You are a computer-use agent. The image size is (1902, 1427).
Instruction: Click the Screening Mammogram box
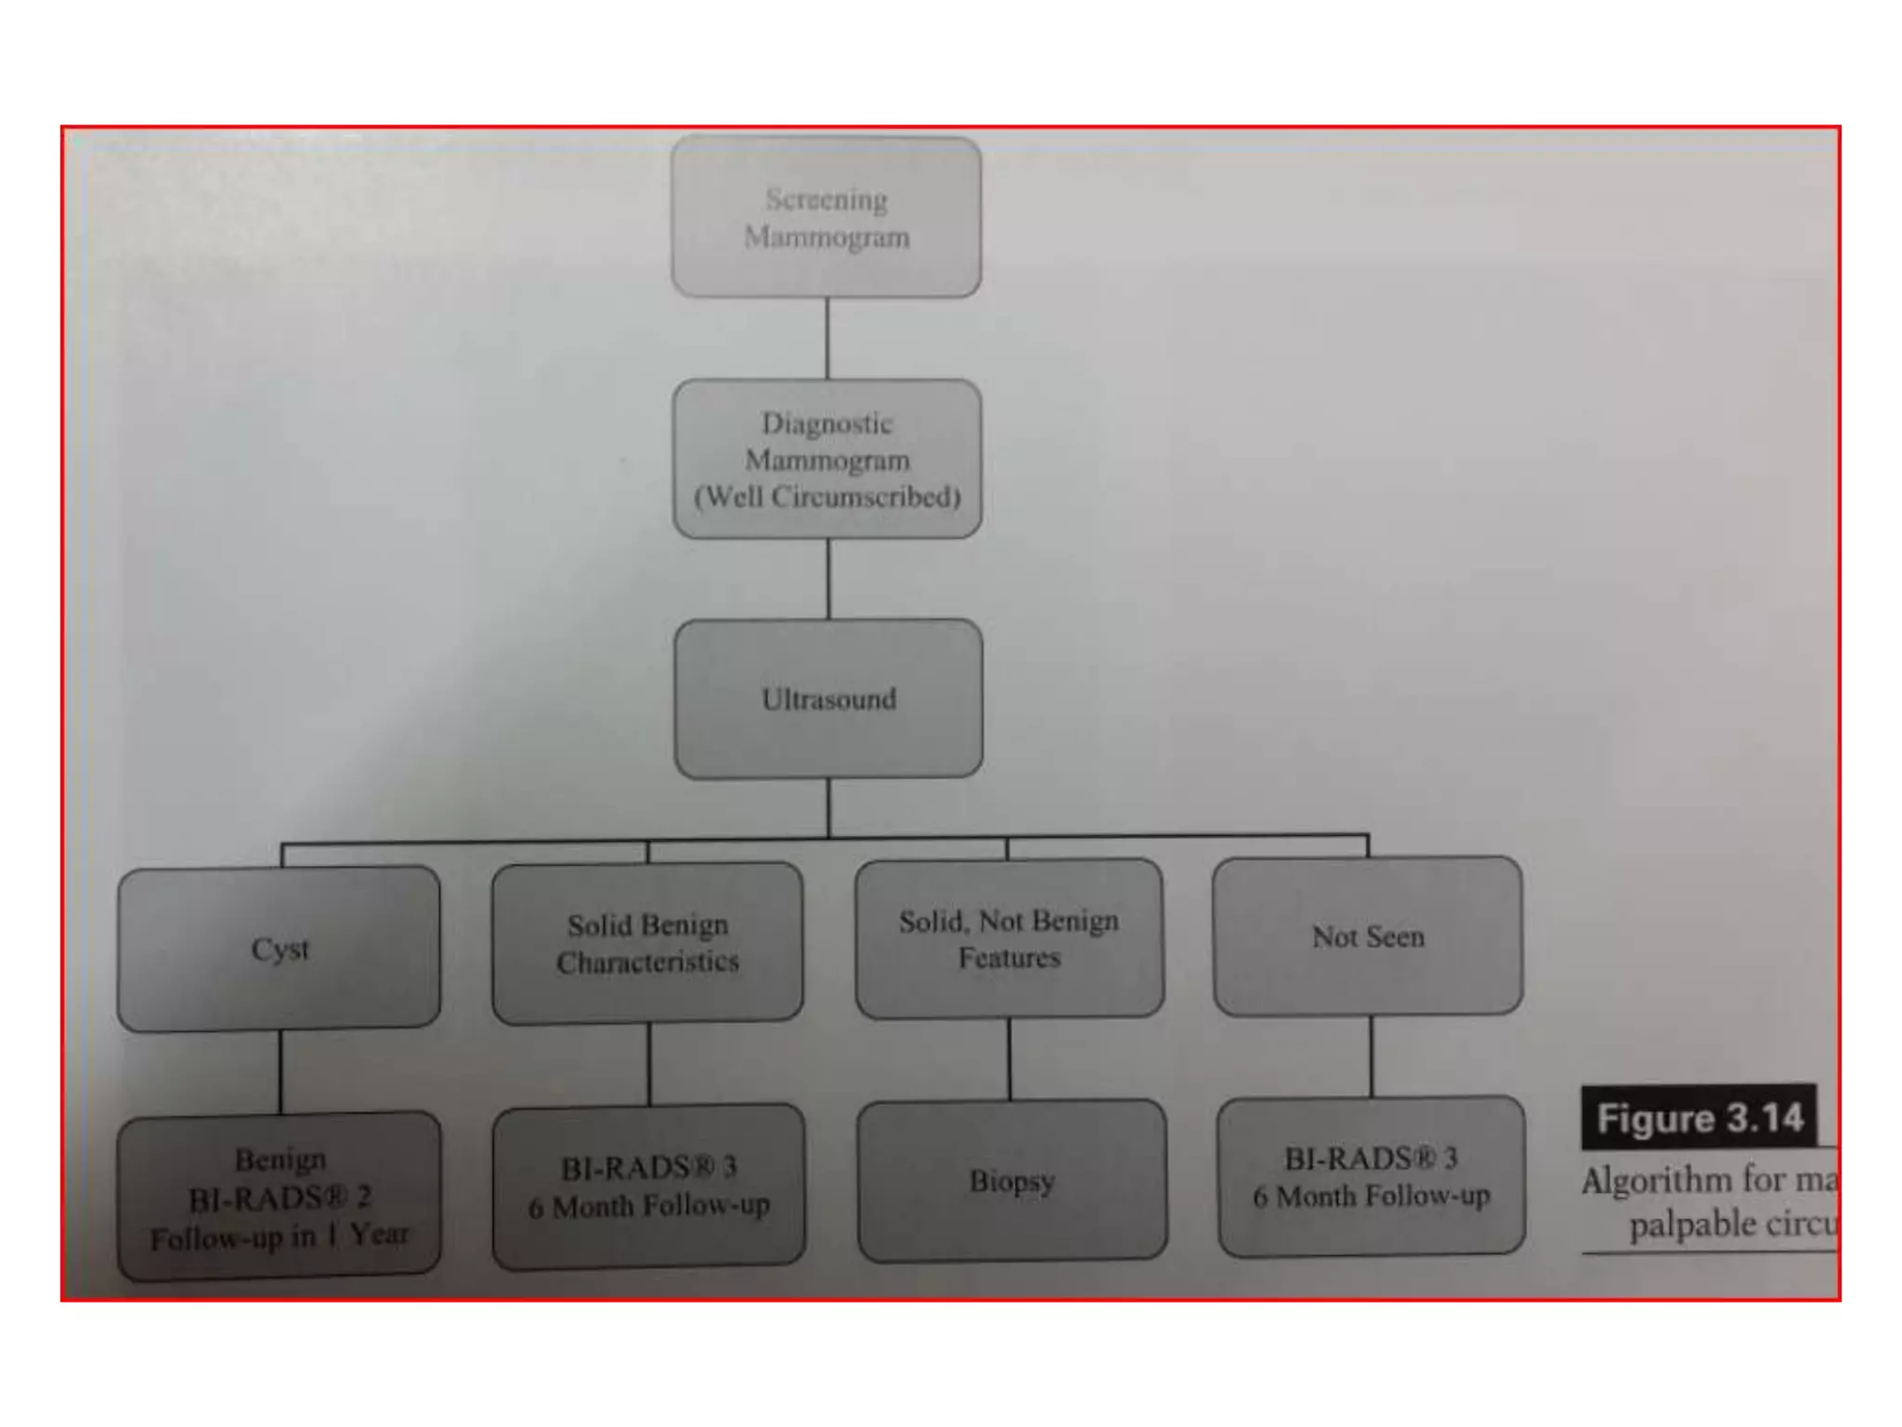[x=826, y=217]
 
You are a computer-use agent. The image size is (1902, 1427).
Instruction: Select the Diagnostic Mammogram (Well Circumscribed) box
[x=827, y=459]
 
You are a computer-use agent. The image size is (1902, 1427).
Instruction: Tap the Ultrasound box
[x=828, y=699]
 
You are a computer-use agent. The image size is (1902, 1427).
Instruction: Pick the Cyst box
[x=279, y=949]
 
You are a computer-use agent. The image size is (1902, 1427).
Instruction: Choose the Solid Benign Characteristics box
[x=647, y=943]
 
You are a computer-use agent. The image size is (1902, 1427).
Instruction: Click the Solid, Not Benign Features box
[x=1009, y=938]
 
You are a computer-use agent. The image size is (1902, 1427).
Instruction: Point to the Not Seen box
[x=1367, y=936]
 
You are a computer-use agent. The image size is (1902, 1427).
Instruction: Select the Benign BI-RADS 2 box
[x=279, y=1197]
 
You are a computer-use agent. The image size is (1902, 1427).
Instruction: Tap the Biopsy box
[x=1011, y=1181]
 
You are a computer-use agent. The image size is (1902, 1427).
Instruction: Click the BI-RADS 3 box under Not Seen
[x=1371, y=1177]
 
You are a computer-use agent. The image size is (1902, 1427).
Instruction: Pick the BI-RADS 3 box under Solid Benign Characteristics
[x=648, y=1186]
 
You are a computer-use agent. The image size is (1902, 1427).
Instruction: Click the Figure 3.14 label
[x=1699, y=1118]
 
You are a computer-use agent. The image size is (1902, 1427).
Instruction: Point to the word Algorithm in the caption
[x=1657, y=1181]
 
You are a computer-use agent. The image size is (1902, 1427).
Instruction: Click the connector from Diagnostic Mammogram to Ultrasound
[x=828, y=579]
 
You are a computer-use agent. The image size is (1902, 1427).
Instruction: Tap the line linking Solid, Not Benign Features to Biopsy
[x=1010, y=1059]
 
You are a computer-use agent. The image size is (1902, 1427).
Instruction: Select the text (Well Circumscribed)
[x=827, y=497]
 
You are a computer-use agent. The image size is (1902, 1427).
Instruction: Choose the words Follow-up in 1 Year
[x=279, y=1237]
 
